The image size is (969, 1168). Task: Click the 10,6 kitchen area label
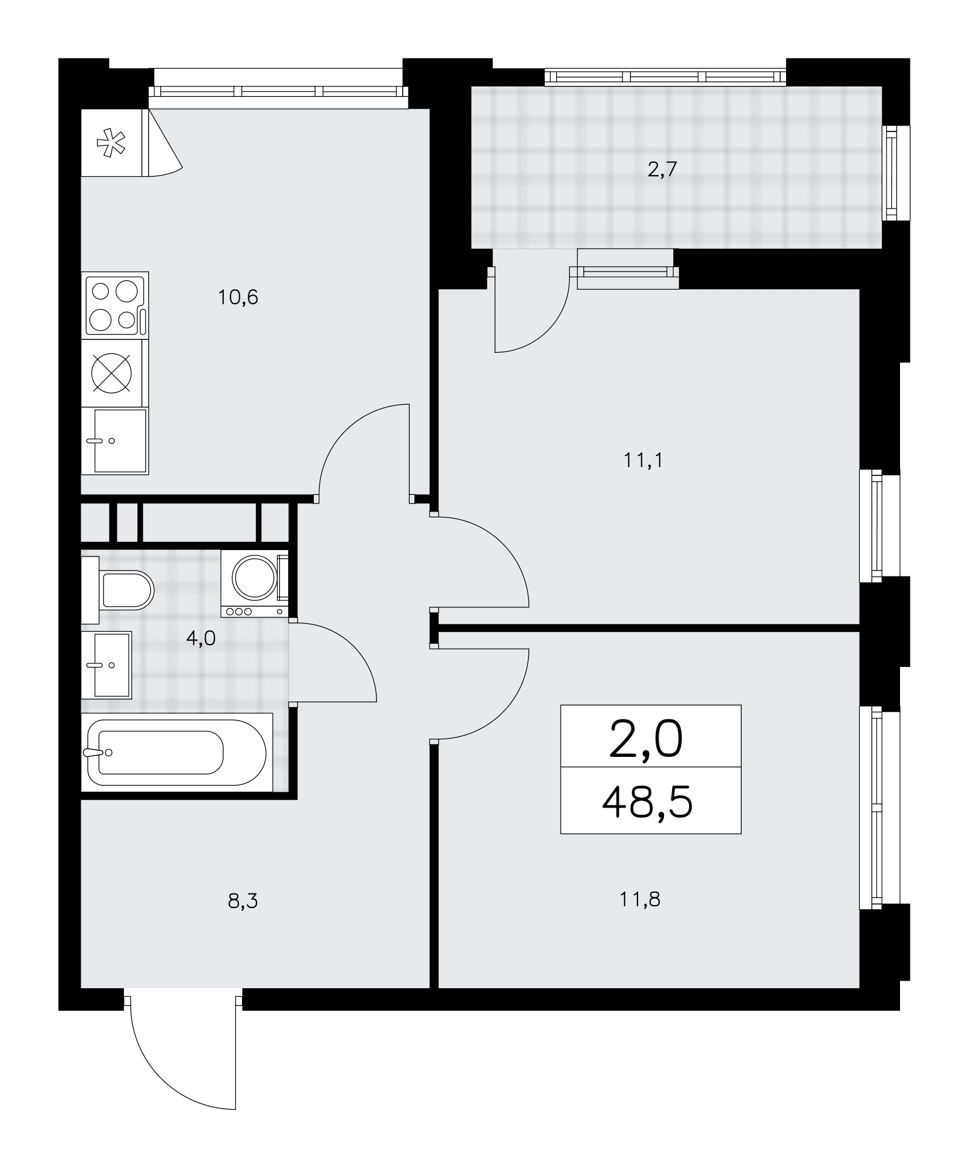coord(238,298)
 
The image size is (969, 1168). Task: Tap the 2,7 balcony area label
coord(662,169)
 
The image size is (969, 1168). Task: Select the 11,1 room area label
coord(643,461)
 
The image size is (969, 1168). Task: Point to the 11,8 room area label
coord(640,899)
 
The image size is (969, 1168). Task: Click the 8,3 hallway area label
coord(243,901)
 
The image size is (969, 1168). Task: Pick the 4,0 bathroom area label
coord(201,639)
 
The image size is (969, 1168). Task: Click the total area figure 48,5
coord(648,801)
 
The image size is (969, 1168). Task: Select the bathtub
coord(177,753)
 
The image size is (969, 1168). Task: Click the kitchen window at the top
coord(278,90)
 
